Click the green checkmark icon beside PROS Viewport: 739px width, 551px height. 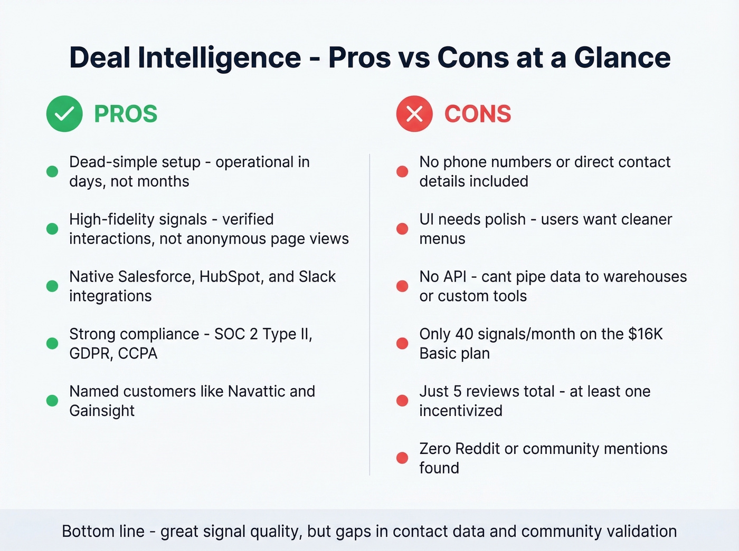point(64,114)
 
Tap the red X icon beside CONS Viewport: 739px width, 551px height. point(414,114)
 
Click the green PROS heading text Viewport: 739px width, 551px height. point(126,114)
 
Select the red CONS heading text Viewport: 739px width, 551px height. point(478,114)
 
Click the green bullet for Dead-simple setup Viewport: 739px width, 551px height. point(52,171)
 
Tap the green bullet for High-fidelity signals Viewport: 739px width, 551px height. point(52,229)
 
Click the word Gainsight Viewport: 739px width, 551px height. point(102,411)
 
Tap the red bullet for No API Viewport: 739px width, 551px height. point(402,286)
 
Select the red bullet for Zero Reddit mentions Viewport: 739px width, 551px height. point(402,458)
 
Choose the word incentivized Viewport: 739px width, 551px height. point(461,411)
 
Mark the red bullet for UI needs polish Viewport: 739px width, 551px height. point(402,229)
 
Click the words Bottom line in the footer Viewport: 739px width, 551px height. point(103,531)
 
